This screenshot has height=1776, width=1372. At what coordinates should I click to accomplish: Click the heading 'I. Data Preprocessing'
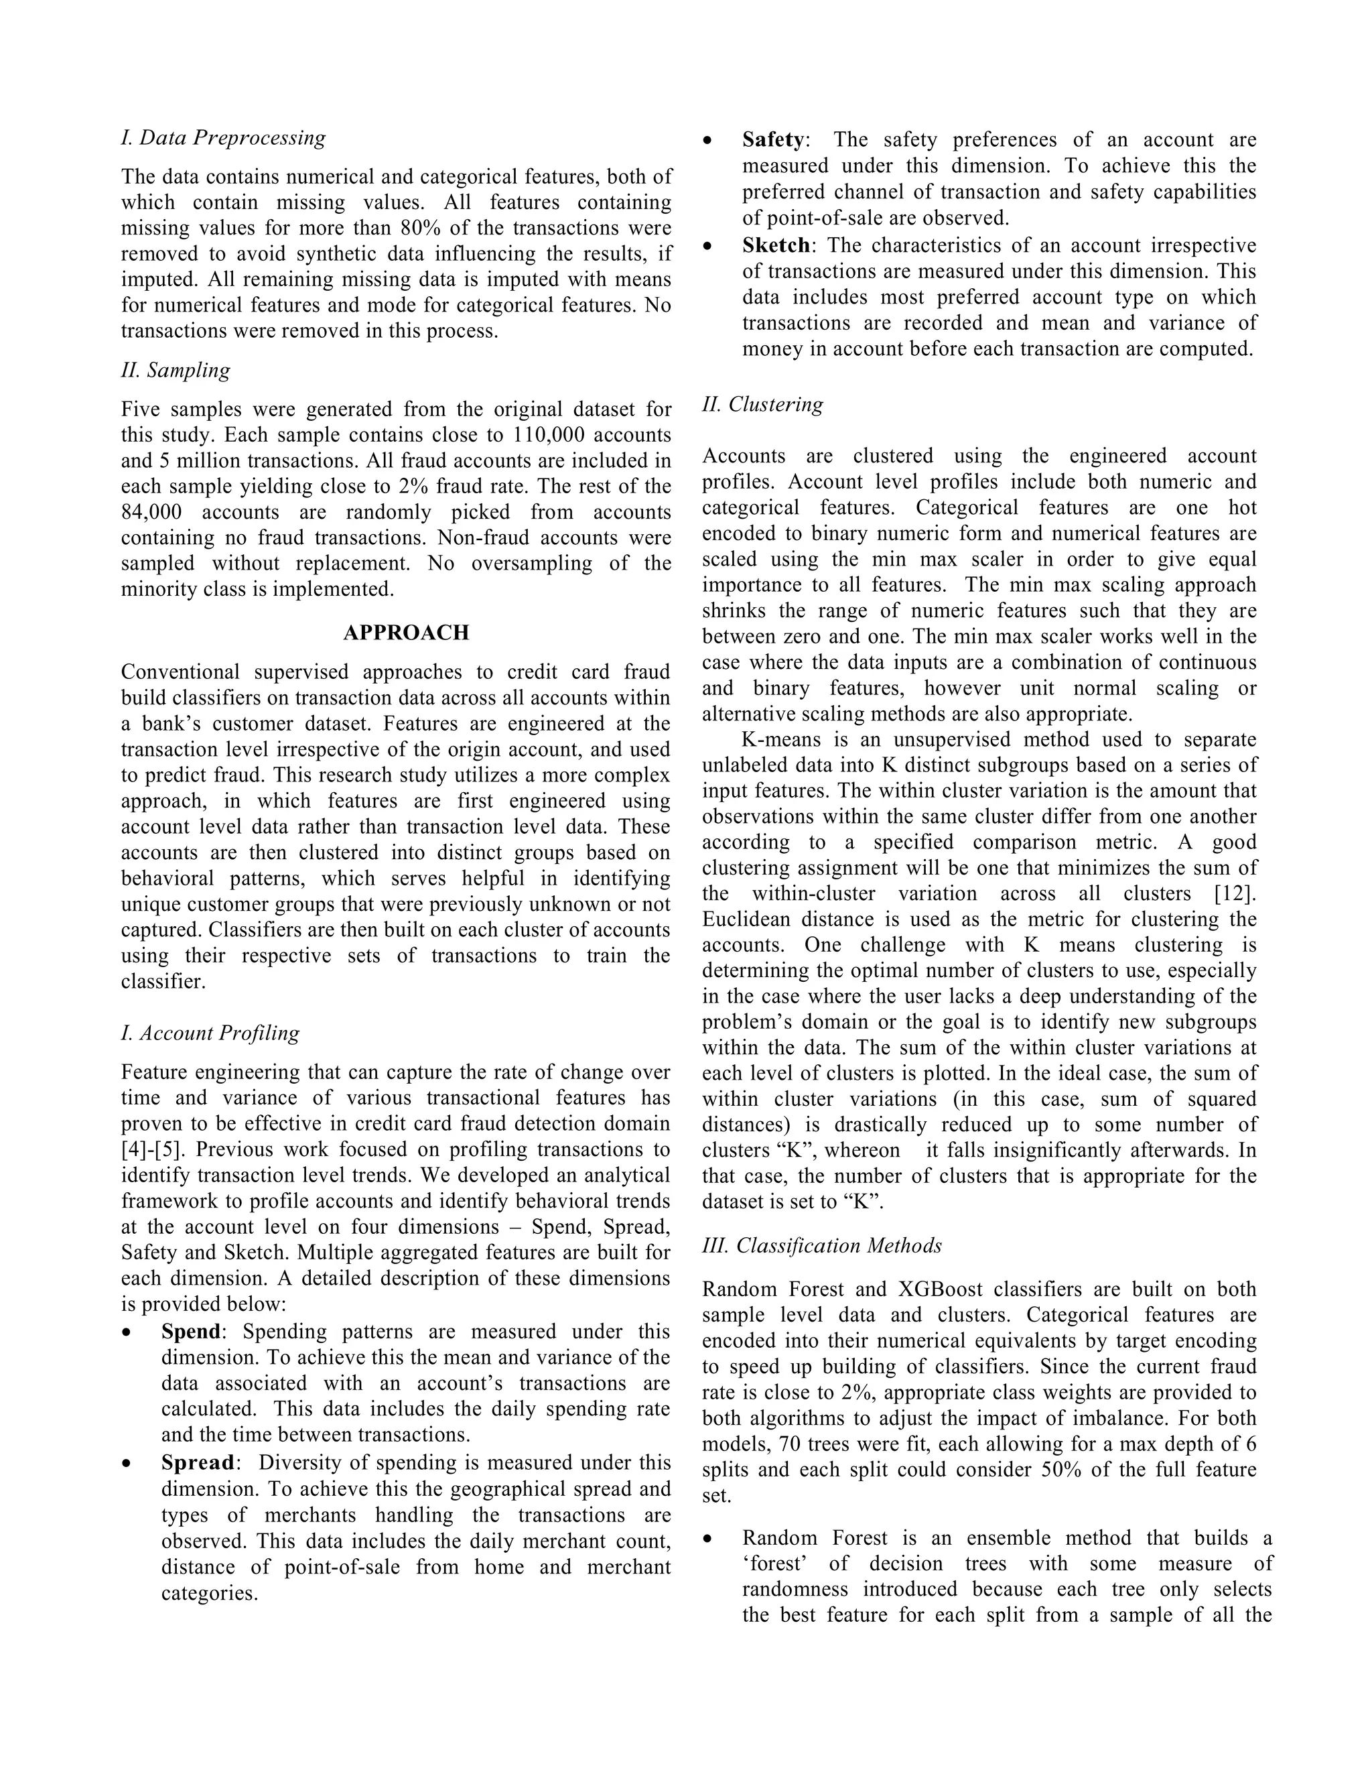point(224,137)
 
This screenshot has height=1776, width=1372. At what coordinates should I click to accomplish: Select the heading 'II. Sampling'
point(176,370)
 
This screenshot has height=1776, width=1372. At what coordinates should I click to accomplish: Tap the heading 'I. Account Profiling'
point(210,1033)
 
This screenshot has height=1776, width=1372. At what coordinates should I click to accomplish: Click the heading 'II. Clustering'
point(762,404)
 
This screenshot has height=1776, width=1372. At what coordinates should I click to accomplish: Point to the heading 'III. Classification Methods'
point(822,1246)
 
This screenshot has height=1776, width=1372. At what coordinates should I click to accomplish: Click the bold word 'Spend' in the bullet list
point(190,1332)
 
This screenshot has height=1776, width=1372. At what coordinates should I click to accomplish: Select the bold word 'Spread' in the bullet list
point(197,1463)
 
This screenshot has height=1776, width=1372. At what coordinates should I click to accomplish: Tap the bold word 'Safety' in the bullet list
point(772,140)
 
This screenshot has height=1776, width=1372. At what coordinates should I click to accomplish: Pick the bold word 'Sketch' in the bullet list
point(775,245)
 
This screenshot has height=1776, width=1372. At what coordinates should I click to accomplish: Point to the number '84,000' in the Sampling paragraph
point(151,512)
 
